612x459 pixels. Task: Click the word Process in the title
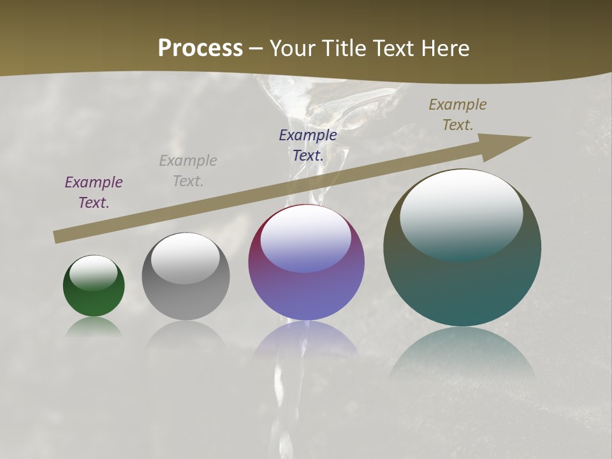point(200,48)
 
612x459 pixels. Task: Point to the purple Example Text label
point(94,193)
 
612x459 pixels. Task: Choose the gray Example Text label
point(188,171)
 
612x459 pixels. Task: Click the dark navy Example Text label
point(308,145)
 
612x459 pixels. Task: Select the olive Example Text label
point(458,115)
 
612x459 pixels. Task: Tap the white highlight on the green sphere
point(94,273)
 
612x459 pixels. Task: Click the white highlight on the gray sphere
point(186,257)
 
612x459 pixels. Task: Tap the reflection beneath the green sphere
point(94,326)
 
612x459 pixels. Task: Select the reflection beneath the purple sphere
point(306,341)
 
